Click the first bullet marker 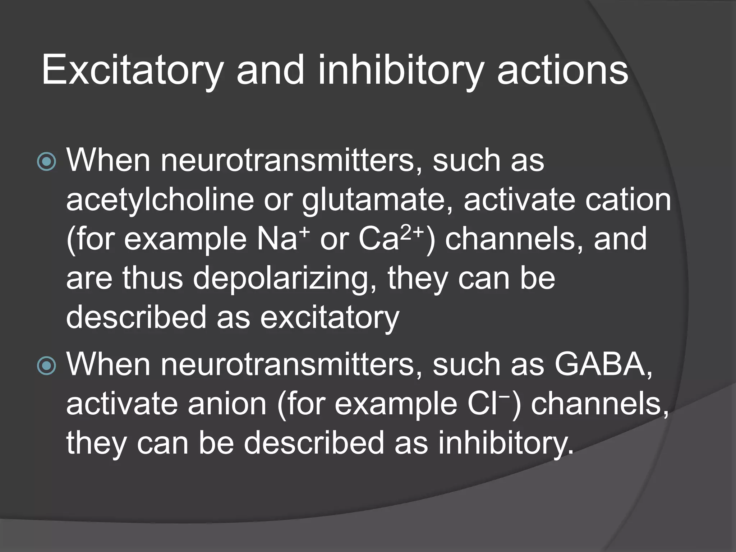click(47, 161)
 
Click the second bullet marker click(47, 366)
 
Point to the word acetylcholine click(160, 200)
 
